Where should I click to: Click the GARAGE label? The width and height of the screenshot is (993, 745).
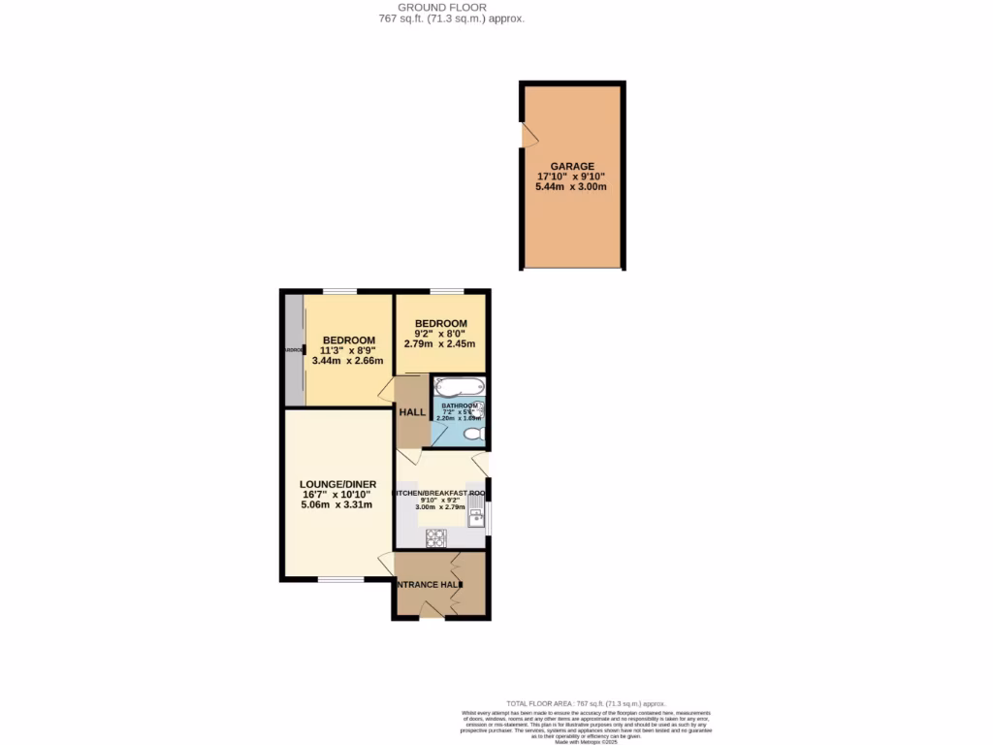572,166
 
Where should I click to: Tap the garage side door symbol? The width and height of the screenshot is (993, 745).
529,136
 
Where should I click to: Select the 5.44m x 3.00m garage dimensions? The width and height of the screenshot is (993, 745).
571,187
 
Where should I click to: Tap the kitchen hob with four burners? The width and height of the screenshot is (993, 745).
435,536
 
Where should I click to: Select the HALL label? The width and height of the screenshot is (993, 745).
412,411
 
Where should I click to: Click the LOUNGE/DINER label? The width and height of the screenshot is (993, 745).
337,483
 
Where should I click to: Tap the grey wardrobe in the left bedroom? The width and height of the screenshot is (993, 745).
294,349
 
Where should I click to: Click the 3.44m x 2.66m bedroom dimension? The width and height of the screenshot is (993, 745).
348,361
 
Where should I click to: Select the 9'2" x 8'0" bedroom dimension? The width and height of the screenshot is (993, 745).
441,335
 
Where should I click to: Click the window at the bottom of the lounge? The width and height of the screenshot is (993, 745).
340,580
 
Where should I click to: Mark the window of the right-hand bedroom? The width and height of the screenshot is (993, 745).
446,291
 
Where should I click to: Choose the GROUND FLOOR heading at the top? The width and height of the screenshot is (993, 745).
451,7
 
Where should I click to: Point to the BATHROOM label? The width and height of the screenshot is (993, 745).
459,405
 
